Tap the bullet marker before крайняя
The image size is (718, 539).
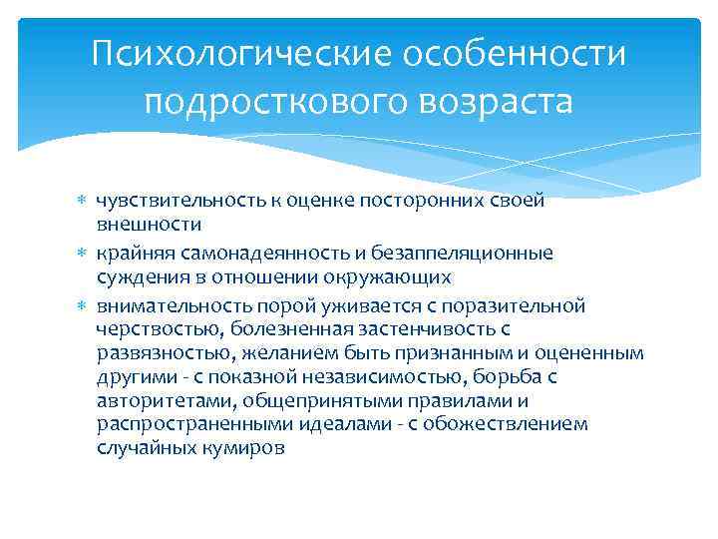[x=83, y=254]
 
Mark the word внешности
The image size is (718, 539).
[x=149, y=224]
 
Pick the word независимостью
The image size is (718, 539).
[x=386, y=376]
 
